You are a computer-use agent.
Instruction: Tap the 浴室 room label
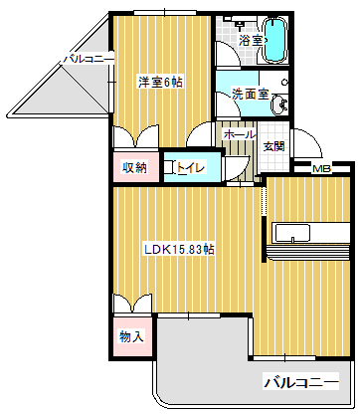click(252, 41)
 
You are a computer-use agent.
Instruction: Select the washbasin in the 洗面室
click(278, 104)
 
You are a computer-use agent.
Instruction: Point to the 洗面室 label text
click(250, 95)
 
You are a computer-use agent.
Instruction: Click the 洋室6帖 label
click(160, 82)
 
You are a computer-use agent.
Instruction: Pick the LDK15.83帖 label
click(179, 249)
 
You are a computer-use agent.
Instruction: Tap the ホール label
click(240, 134)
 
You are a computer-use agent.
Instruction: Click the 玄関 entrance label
click(273, 146)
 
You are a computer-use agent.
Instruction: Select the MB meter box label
click(322, 169)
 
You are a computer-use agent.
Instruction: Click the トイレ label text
click(190, 167)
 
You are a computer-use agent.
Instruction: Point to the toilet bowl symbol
click(170, 167)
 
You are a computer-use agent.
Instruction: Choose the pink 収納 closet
click(136, 167)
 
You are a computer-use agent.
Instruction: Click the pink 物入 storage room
click(132, 336)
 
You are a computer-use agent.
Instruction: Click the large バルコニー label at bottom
click(301, 382)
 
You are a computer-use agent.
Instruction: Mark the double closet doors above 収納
click(136, 136)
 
